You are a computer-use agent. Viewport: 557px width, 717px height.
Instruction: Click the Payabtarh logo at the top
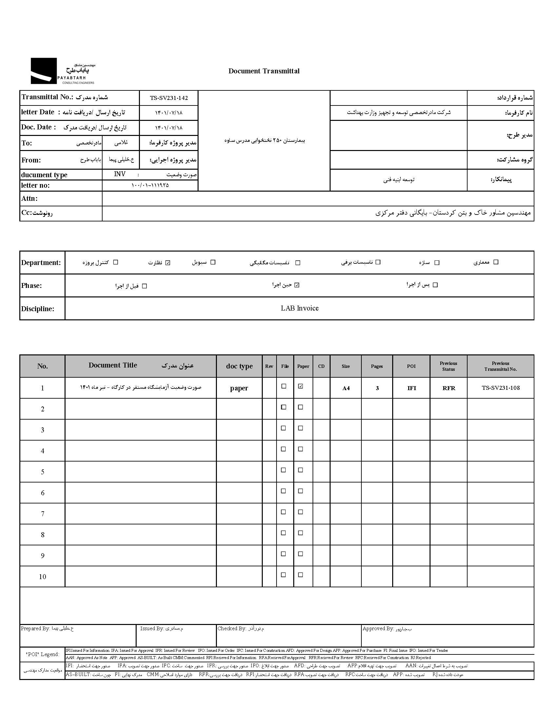click(x=62, y=71)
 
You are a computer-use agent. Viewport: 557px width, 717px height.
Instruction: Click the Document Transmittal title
click(x=264, y=71)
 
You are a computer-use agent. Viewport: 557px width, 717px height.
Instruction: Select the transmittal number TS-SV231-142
click(x=169, y=98)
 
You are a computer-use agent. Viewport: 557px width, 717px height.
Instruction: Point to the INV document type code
click(x=120, y=174)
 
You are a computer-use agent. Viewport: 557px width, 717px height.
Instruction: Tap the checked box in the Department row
click(x=168, y=263)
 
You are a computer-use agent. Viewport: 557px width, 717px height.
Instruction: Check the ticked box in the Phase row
click(x=297, y=285)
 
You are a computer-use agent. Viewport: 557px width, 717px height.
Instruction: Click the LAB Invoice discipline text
click(x=299, y=308)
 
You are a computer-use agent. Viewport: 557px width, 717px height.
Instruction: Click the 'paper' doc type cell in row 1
click(x=239, y=388)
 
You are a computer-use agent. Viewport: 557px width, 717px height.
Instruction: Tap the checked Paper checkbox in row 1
click(x=300, y=387)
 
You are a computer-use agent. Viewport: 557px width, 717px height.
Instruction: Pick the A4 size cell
click(x=346, y=388)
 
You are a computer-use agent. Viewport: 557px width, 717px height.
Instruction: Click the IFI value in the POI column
click(x=412, y=388)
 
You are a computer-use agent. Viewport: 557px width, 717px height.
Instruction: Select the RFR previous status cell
click(x=449, y=388)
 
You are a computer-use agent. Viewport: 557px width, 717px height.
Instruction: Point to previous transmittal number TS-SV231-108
click(x=501, y=388)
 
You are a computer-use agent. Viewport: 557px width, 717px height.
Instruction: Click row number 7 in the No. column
click(x=42, y=514)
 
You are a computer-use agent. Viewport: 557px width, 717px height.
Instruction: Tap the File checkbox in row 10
click(x=283, y=575)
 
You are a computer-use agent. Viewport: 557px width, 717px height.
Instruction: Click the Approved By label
click(x=378, y=628)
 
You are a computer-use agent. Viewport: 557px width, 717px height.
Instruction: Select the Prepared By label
click(x=35, y=628)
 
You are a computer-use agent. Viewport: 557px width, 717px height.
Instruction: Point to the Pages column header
click(x=377, y=366)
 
